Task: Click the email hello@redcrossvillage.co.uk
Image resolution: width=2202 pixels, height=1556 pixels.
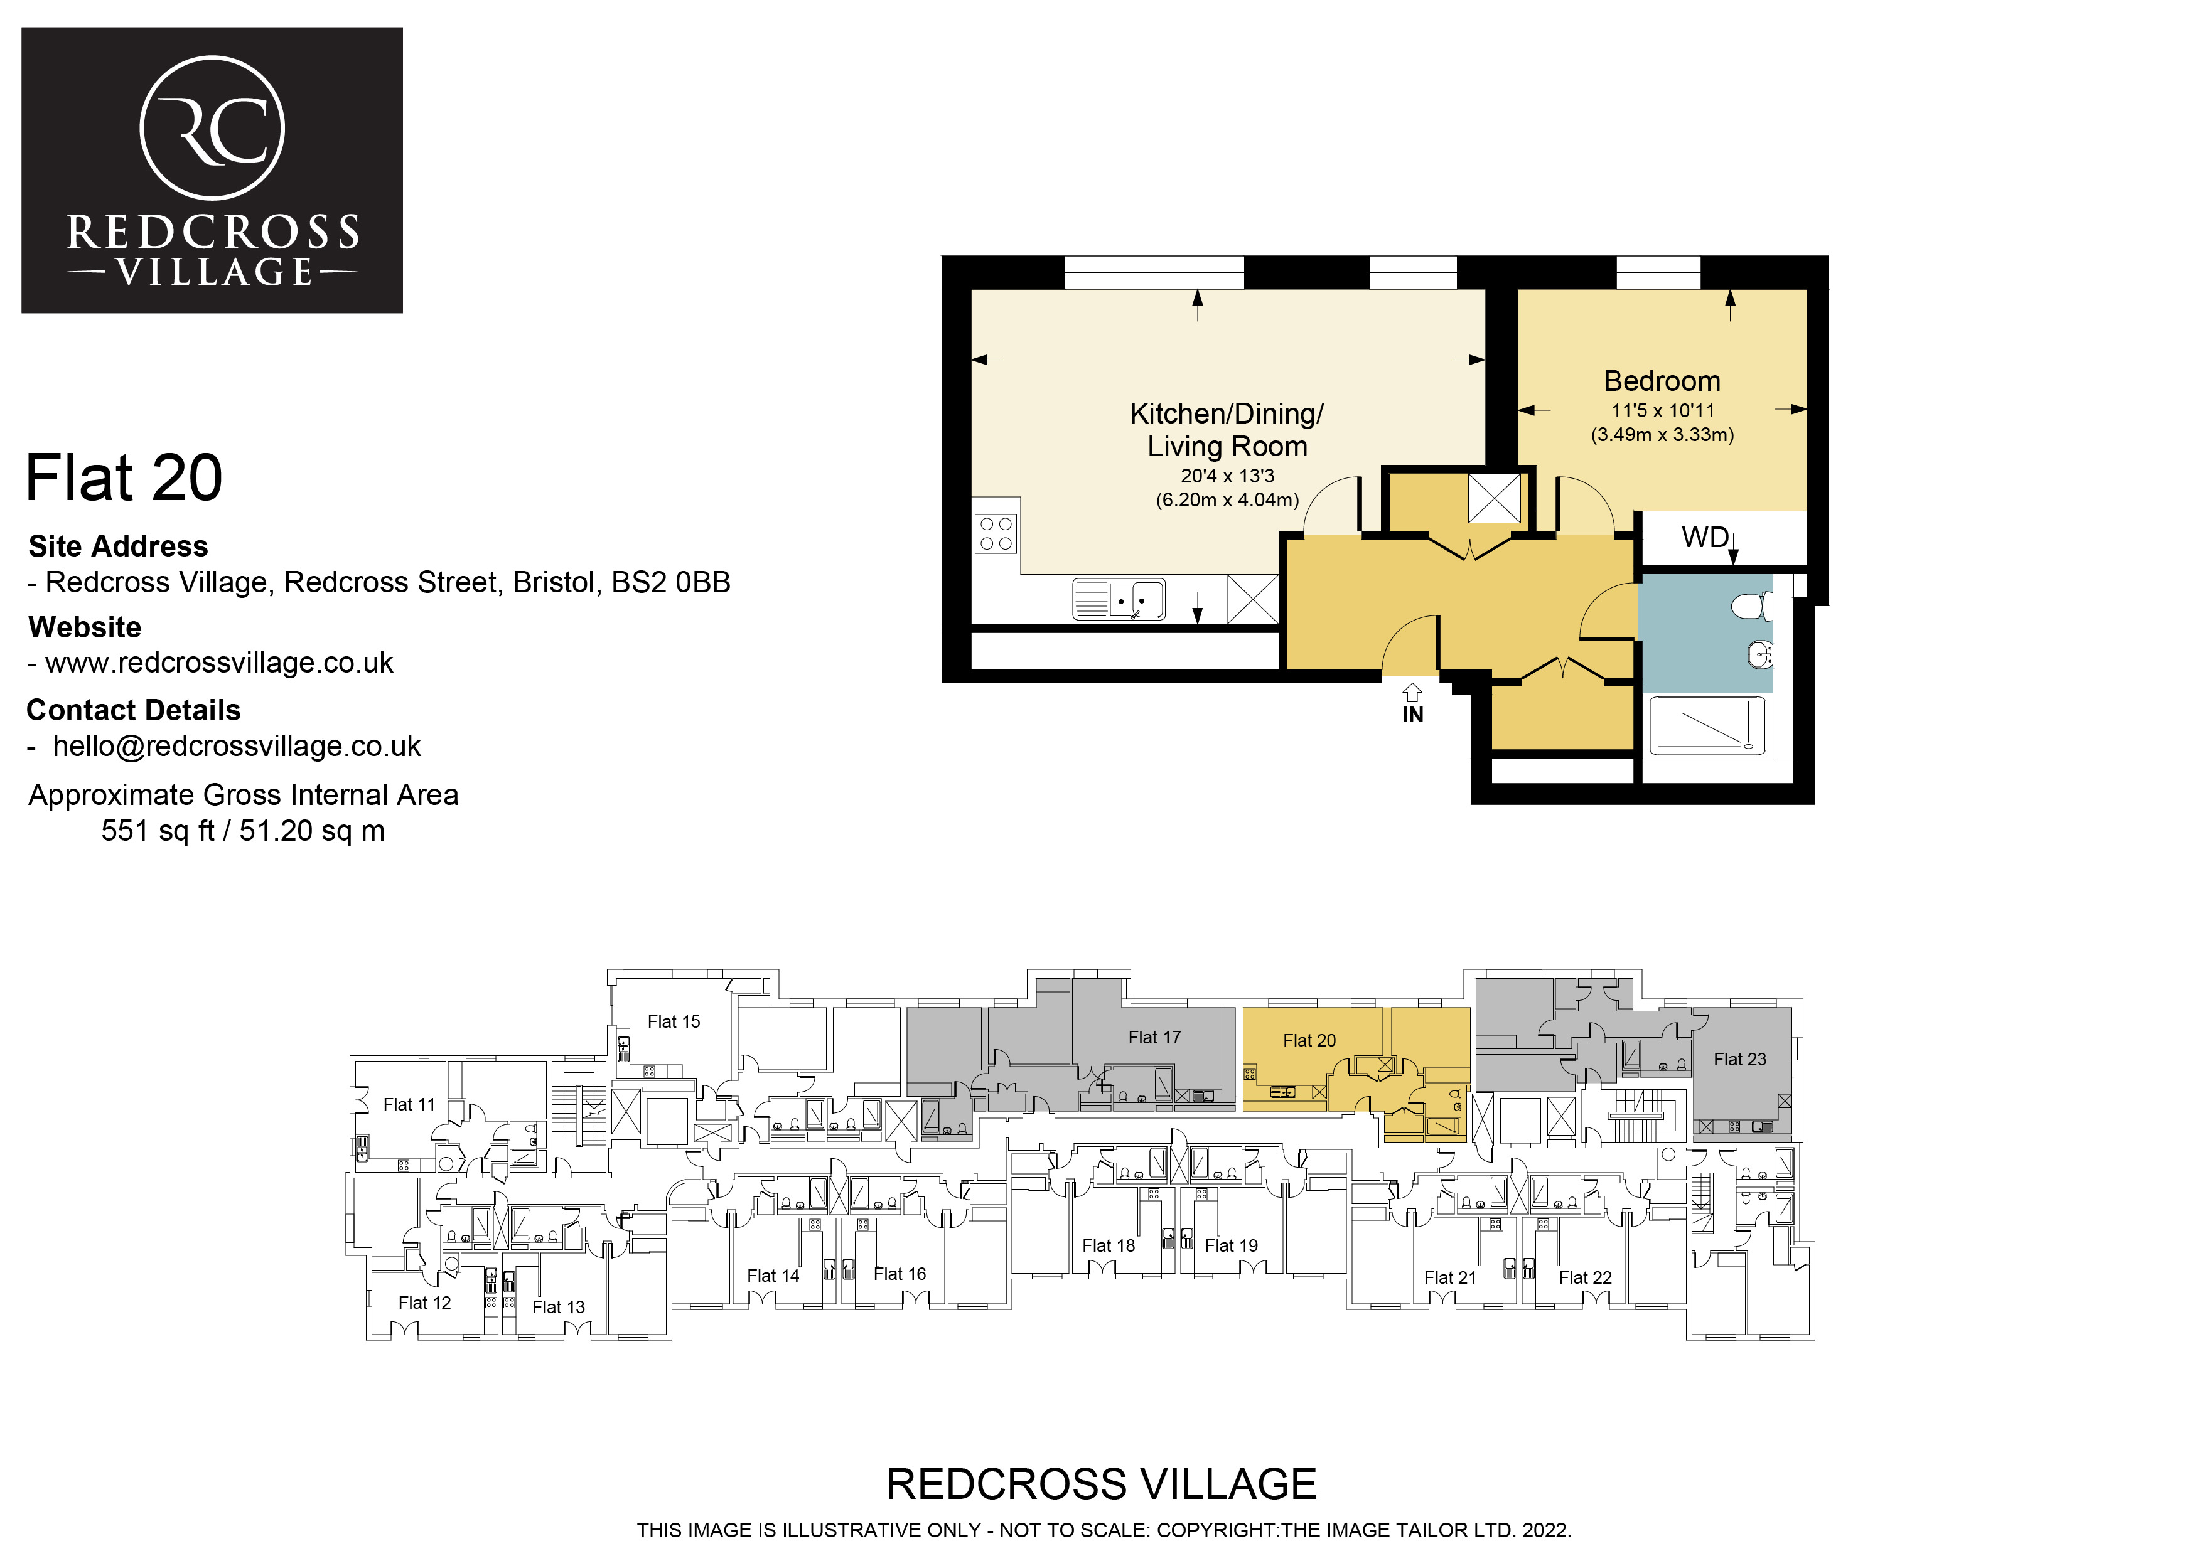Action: tap(237, 746)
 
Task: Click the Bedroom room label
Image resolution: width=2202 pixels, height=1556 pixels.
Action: tap(1662, 381)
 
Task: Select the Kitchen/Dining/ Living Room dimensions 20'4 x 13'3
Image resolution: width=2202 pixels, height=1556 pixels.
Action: tap(1228, 476)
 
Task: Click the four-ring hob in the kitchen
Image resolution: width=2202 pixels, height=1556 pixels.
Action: tap(996, 533)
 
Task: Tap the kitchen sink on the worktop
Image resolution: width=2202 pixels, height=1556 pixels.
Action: tap(1119, 599)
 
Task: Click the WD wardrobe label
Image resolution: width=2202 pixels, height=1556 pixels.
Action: tap(1705, 537)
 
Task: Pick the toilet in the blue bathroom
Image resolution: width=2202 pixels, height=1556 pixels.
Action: tap(1752, 606)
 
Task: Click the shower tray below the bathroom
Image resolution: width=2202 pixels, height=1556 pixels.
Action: tap(1706, 725)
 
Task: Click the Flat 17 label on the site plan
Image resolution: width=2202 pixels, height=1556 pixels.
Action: tap(1155, 1037)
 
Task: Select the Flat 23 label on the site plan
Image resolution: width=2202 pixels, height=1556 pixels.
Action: tap(1740, 1059)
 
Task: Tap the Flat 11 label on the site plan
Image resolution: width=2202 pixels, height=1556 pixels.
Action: tap(409, 1104)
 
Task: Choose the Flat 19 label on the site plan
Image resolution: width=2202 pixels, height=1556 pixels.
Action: tap(1232, 1245)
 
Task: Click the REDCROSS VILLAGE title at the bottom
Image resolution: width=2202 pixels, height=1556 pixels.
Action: tap(1101, 1484)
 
